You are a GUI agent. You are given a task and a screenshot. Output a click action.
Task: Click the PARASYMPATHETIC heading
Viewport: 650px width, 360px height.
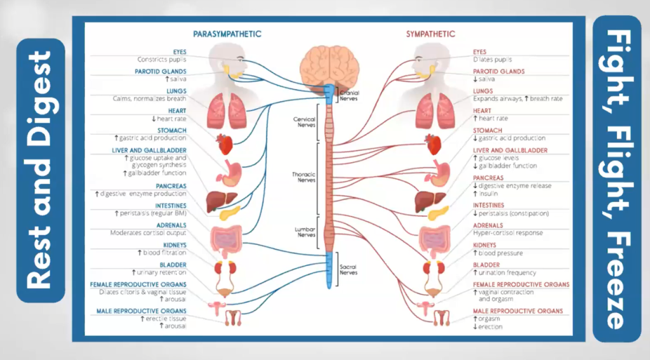[x=227, y=34]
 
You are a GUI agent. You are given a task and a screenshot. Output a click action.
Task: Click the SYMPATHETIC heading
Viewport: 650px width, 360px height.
[x=430, y=34]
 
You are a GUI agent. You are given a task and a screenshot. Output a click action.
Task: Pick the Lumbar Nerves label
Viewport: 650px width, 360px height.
[x=305, y=232]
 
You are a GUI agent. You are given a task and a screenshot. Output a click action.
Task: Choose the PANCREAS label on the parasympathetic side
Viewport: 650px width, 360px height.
[x=171, y=185]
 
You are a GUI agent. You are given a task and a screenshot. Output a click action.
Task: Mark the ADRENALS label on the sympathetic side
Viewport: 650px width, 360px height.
[x=487, y=225]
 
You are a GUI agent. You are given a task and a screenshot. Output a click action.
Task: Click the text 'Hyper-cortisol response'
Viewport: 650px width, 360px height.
[x=508, y=233]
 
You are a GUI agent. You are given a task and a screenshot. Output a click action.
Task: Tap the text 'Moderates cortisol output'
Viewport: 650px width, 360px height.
[x=148, y=232]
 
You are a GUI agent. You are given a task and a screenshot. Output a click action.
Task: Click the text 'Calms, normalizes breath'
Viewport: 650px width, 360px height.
[x=150, y=99]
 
